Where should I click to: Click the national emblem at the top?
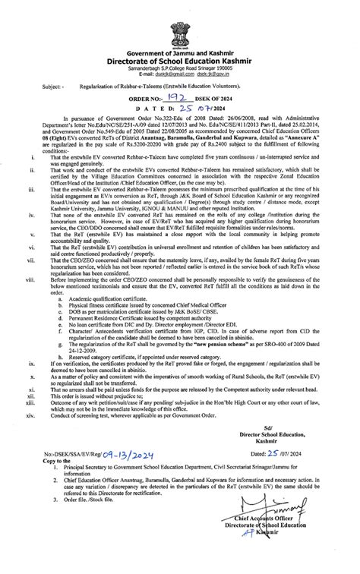[x=180, y=14]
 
